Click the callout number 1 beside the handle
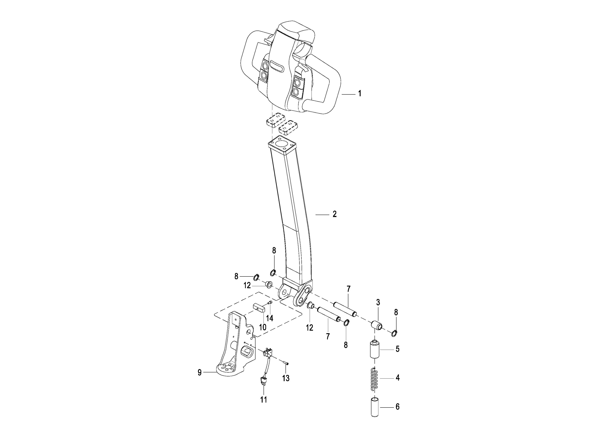pyautogui.click(x=359, y=94)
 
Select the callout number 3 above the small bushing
pyautogui.click(x=378, y=302)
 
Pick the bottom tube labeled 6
pyautogui.click(x=375, y=407)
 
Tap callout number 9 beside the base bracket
pyautogui.click(x=200, y=372)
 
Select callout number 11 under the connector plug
pyautogui.click(x=264, y=400)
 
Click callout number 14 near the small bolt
pyautogui.click(x=269, y=318)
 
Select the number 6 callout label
pyautogui.click(x=397, y=407)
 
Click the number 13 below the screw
pyautogui.click(x=286, y=378)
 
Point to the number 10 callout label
pyautogui.click(x=263, y=327)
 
